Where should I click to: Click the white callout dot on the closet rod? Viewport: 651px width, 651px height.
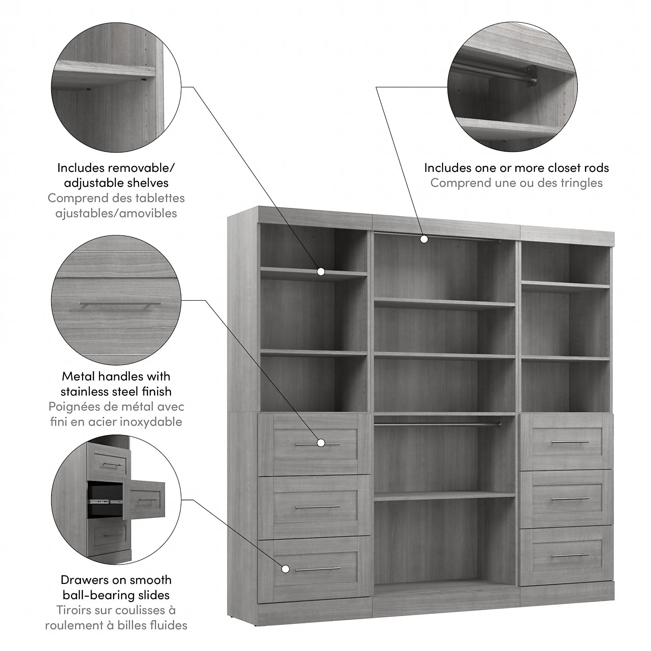[424, 239]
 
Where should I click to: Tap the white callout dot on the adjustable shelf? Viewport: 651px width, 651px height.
[321, 271]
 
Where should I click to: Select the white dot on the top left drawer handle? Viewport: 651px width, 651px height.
[321, 443]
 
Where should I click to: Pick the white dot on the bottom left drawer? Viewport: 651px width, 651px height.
[285, 569]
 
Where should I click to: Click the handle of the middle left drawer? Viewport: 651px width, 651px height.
[318, 507]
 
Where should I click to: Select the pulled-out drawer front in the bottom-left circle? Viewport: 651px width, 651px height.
[145, 499]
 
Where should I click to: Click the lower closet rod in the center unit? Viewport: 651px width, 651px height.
[437, 424]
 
